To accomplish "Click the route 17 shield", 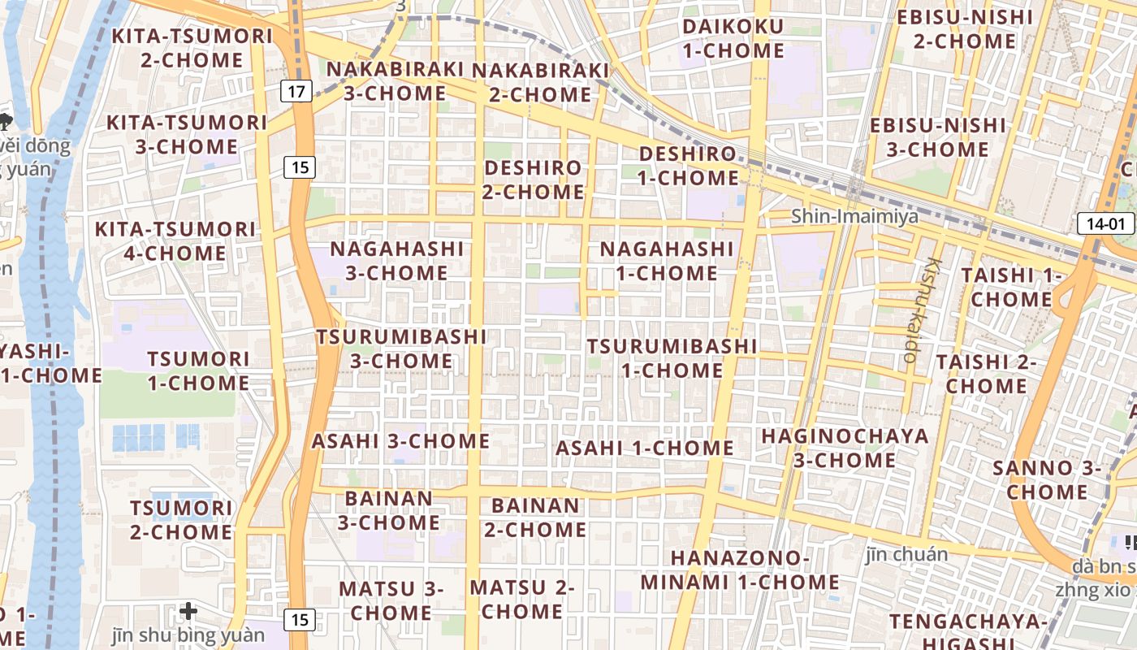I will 297,91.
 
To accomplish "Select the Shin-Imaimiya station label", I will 854,216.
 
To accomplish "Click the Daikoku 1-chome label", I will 733,38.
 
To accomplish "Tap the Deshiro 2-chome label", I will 534,180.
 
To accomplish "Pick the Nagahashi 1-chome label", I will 666,261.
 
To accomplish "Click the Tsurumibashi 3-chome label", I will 401,348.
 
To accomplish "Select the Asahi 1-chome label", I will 645,448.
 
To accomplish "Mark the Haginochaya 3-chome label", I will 845,448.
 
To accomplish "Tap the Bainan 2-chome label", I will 535,518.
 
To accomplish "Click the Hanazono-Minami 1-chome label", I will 739,570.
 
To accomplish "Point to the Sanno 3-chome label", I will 1047,479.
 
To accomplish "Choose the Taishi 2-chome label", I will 986,373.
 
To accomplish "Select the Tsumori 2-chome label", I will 181,520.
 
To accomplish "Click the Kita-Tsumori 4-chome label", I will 175,241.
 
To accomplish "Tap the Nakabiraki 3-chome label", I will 395,80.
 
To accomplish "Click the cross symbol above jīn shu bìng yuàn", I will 188,610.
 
